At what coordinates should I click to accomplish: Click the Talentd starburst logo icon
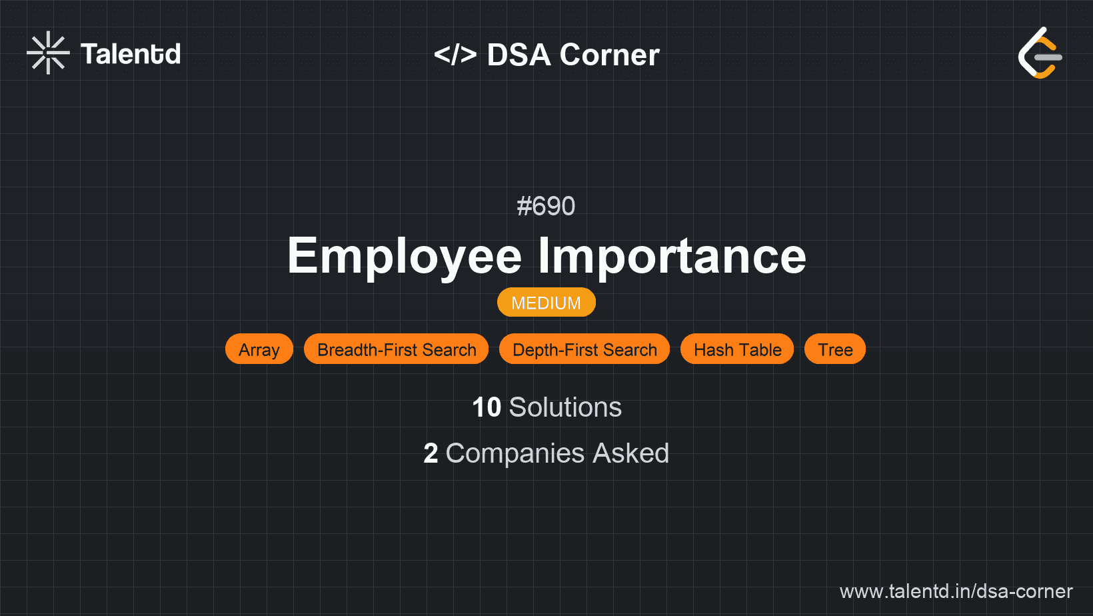pos(48,53)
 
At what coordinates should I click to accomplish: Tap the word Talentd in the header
pos(131,54)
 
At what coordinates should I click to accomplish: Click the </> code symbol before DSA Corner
pos(455,55)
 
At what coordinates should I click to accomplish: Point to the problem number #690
pos(546,206)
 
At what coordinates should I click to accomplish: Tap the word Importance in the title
pos(672,256)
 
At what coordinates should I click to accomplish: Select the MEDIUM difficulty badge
pos(546,303)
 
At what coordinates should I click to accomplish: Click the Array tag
pos(259,349)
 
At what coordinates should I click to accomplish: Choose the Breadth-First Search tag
pos(396,349)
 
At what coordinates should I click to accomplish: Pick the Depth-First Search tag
pos(584,349)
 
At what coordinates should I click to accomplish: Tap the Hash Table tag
pos(737,349)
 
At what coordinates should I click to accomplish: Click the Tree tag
pos(835,349)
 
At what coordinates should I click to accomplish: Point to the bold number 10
pos(487,407)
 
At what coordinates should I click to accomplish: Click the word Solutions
pos(566,407)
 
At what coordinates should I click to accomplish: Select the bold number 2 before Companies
pos(431,453)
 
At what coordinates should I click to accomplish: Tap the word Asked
pos(630,453)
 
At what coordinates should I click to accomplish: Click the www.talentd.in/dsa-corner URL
pos(956,591)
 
